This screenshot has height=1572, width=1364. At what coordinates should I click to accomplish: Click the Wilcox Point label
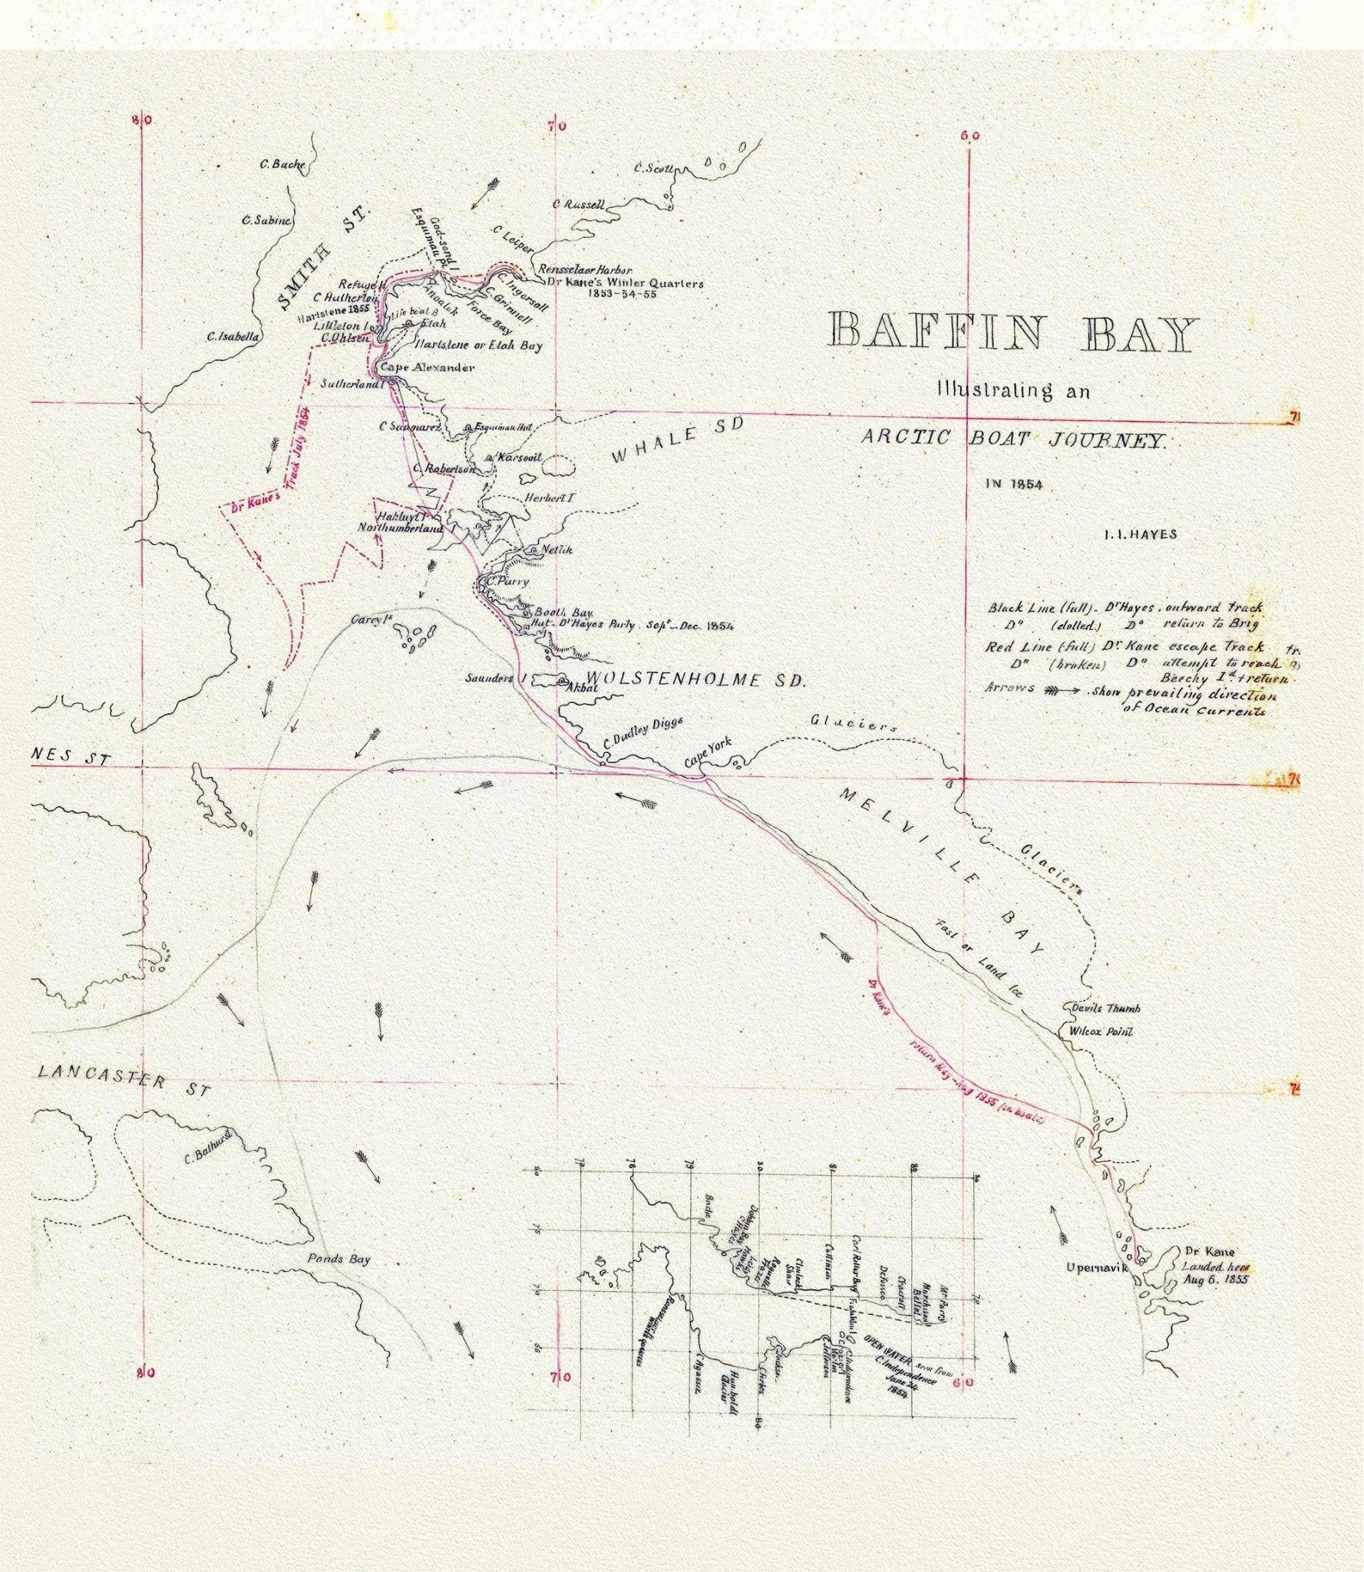[x=1100, y=1032]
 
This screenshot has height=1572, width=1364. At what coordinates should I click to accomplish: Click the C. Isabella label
[x=233, y=336]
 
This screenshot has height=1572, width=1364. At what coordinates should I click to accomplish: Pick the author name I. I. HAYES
[x=1140, y=535]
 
